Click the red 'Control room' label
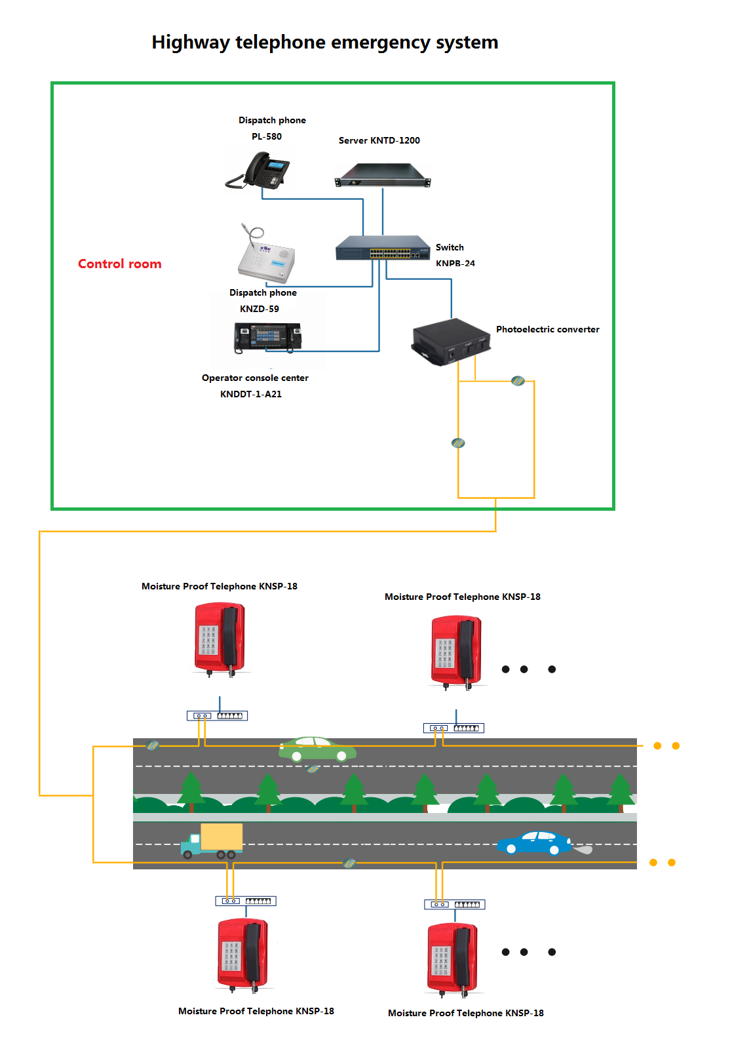[119, 264]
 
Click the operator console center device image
[267, 337]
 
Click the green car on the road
[317, 749]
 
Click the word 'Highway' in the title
[191, 43]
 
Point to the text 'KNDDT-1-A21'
[251, 394]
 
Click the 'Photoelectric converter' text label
[547, 329]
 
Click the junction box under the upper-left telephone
[217, 716]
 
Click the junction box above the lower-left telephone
[246, 901]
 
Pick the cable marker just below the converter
[518, 381]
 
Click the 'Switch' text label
[450, 247]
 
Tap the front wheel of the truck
[188, 854]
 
